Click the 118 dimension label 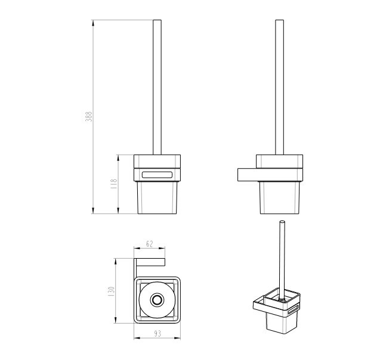coord(114,184)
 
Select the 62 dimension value coord(149,244)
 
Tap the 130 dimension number coord(111,291)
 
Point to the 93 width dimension coord(157,333)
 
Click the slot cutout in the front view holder coord(157,175)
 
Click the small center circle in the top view coord(157,300)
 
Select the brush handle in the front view coord(157,87)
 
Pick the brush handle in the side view coord(279,87)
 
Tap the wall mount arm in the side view coord(270,175)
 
